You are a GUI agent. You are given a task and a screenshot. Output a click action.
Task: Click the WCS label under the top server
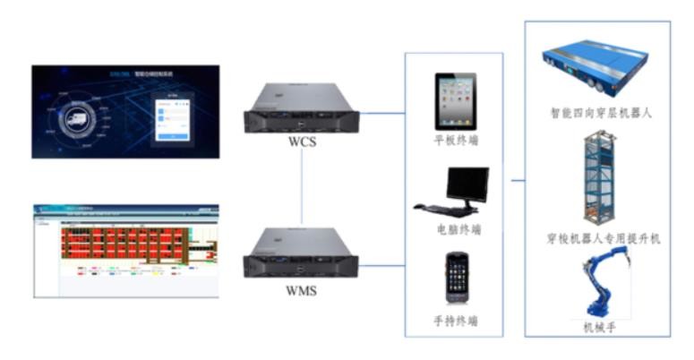point(301,142)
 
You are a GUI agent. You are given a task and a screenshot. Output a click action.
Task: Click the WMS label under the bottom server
point(301,289)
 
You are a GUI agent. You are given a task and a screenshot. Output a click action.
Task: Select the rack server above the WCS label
point(301,108)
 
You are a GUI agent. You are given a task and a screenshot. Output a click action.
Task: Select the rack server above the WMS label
point(301,254)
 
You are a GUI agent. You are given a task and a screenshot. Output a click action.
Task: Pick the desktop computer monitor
point(467,184)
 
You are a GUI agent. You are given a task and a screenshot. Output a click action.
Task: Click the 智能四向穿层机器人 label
point(596,114)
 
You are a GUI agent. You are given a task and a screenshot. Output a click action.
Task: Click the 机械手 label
point(598,328)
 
